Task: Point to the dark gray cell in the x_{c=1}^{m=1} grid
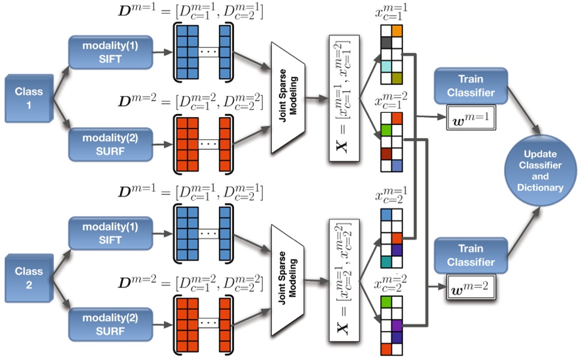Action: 386,43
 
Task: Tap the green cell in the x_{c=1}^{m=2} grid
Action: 386,130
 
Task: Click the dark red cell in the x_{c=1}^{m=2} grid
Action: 386,153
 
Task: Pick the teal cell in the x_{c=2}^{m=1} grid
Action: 386,261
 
